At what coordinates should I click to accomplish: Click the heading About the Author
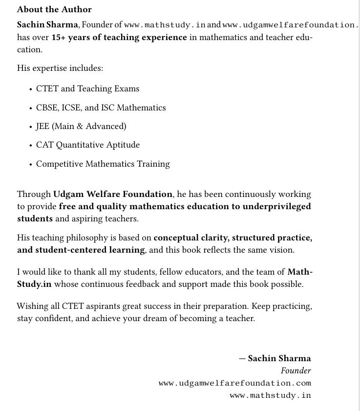point(54,9)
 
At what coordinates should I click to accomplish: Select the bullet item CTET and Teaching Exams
point(87,88)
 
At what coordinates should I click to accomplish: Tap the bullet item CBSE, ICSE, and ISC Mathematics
point(101,108)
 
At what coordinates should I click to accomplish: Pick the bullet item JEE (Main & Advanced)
point(81,126)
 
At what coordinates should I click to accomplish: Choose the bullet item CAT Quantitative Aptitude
point(88,145)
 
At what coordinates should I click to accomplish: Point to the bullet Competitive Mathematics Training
point(103,164)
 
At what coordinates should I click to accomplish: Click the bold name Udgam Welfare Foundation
point(113,194)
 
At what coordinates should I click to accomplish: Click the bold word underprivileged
point(271,206)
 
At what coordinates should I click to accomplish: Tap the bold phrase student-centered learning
point(90,250)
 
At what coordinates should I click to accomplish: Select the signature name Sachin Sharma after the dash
point(279,358)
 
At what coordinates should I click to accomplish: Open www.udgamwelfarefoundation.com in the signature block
point(235,383)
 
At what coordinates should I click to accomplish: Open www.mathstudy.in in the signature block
point(270,395)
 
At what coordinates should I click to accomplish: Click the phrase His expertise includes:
point(60,68)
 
